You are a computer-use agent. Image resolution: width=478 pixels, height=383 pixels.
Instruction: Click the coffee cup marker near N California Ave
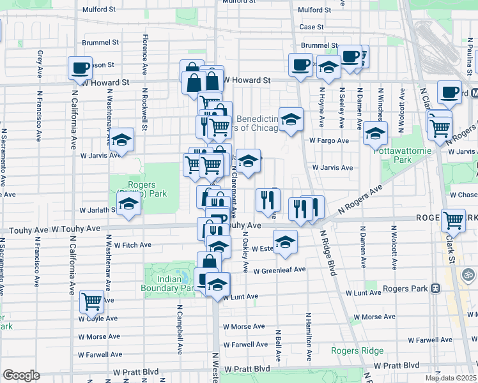click(x=81, y=68)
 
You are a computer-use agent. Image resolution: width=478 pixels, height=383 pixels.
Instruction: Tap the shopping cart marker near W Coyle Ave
click(x=92, y=300)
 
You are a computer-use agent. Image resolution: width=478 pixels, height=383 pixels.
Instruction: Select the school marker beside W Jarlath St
click(x=130, y=205)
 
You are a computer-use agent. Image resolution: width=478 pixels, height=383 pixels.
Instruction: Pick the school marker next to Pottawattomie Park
click(x=375, y=134)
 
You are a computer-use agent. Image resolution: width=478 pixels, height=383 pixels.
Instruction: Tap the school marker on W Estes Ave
click(x=285, y=241)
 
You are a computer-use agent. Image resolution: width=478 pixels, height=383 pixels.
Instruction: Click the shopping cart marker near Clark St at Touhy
click(x=453, y=221)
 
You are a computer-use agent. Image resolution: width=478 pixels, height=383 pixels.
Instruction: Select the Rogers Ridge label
click(x=357, y=350)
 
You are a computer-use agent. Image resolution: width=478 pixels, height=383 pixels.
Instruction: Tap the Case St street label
click(x=312, y=27)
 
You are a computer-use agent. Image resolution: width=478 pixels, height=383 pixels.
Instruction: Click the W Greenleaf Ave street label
click(x=279, y=270)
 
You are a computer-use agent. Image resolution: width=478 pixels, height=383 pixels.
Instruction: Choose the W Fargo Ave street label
click(x=329, y=140)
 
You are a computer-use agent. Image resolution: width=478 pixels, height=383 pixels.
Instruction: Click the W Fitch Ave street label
click(x=132, y=244)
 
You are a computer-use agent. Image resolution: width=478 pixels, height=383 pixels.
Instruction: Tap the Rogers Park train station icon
click(x=435, y=288)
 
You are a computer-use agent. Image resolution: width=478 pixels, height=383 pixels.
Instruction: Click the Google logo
click(x=21, y=375)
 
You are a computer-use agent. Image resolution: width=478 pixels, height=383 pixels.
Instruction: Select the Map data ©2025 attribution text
click(x=451, y=378)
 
